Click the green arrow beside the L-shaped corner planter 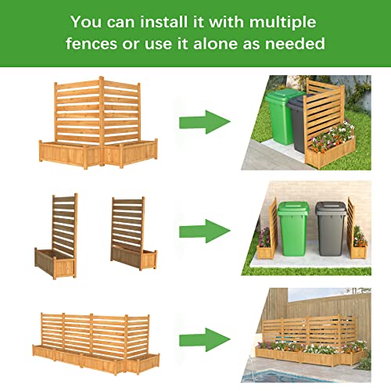[x=205, y=121]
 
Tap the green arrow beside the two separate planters [x=205, y=231]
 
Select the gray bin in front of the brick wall [x=329, y=228]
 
